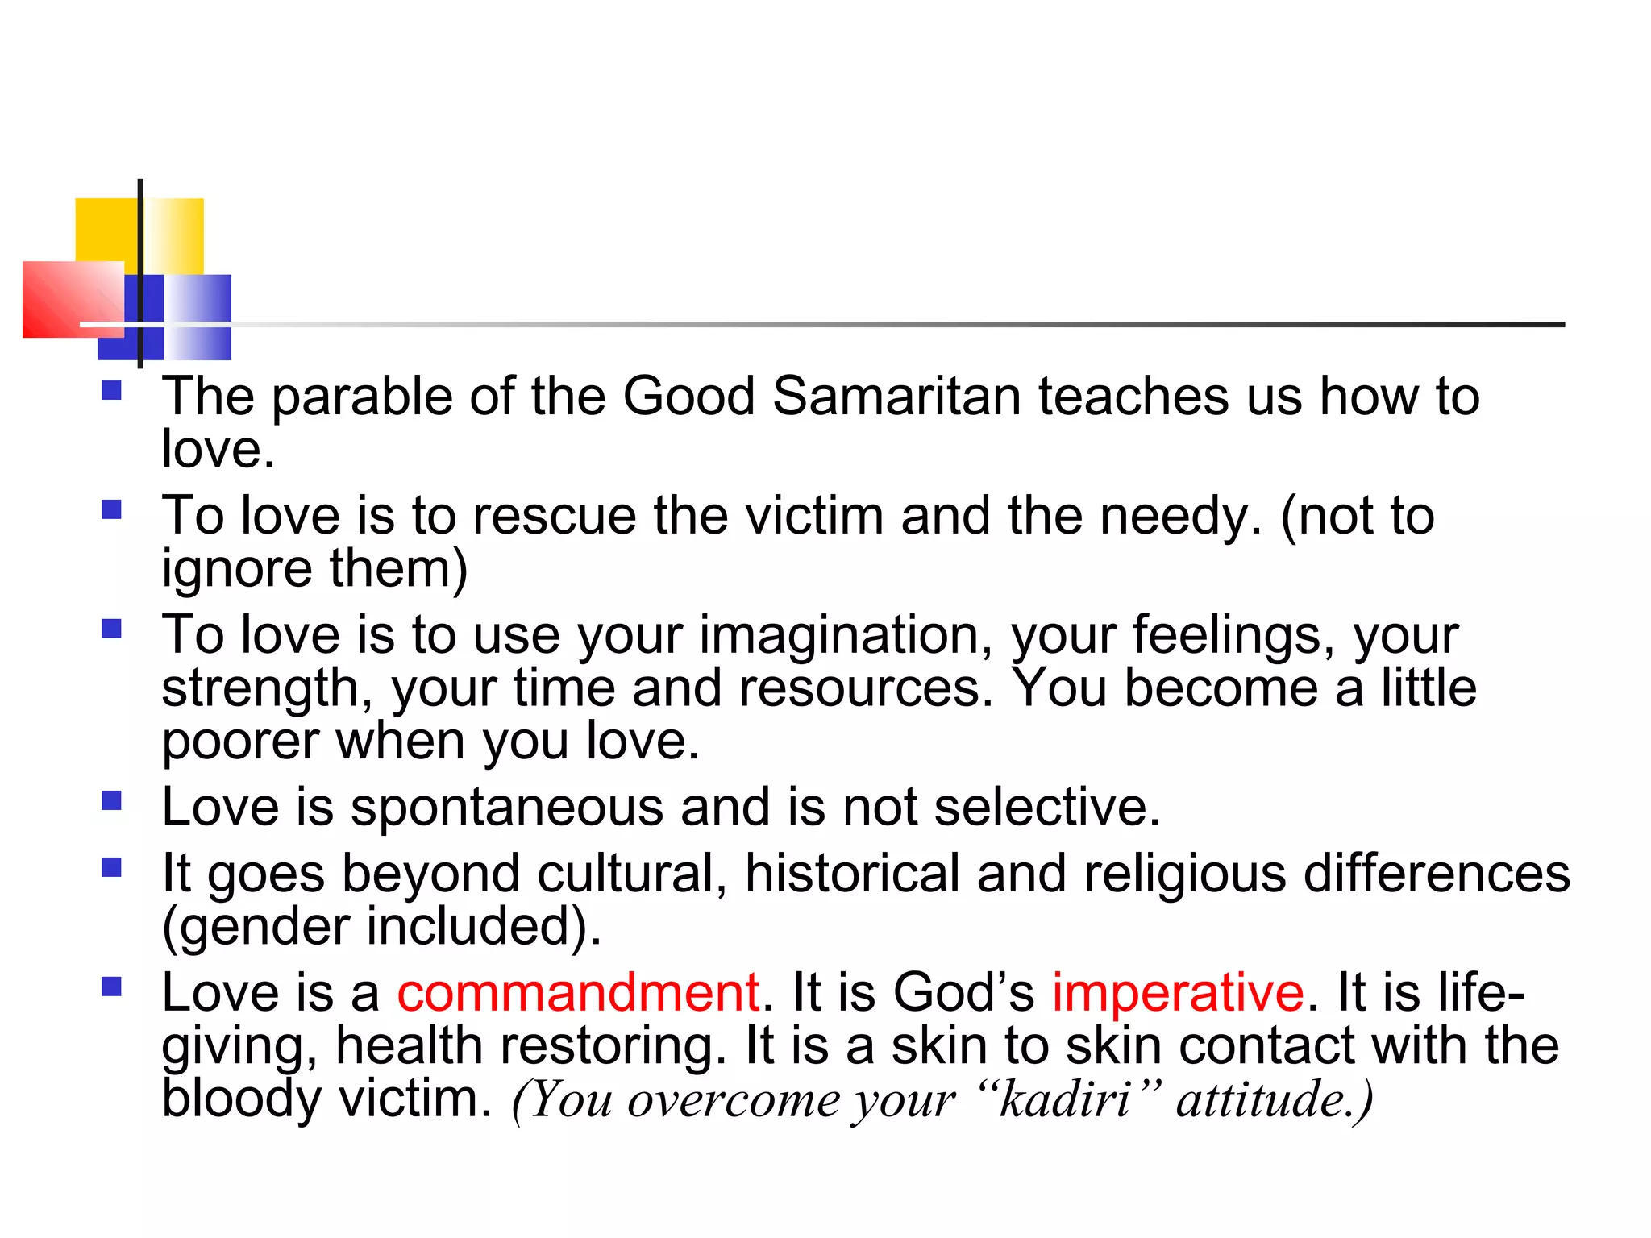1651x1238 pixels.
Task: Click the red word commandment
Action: (578, 992)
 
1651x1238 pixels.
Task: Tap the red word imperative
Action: (1178, 992)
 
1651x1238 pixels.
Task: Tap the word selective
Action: (1046, 807)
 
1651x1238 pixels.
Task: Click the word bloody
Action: (241, 1099)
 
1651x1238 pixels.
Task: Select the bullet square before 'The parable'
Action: (111, 391)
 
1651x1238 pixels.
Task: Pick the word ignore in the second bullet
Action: (236, 570)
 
